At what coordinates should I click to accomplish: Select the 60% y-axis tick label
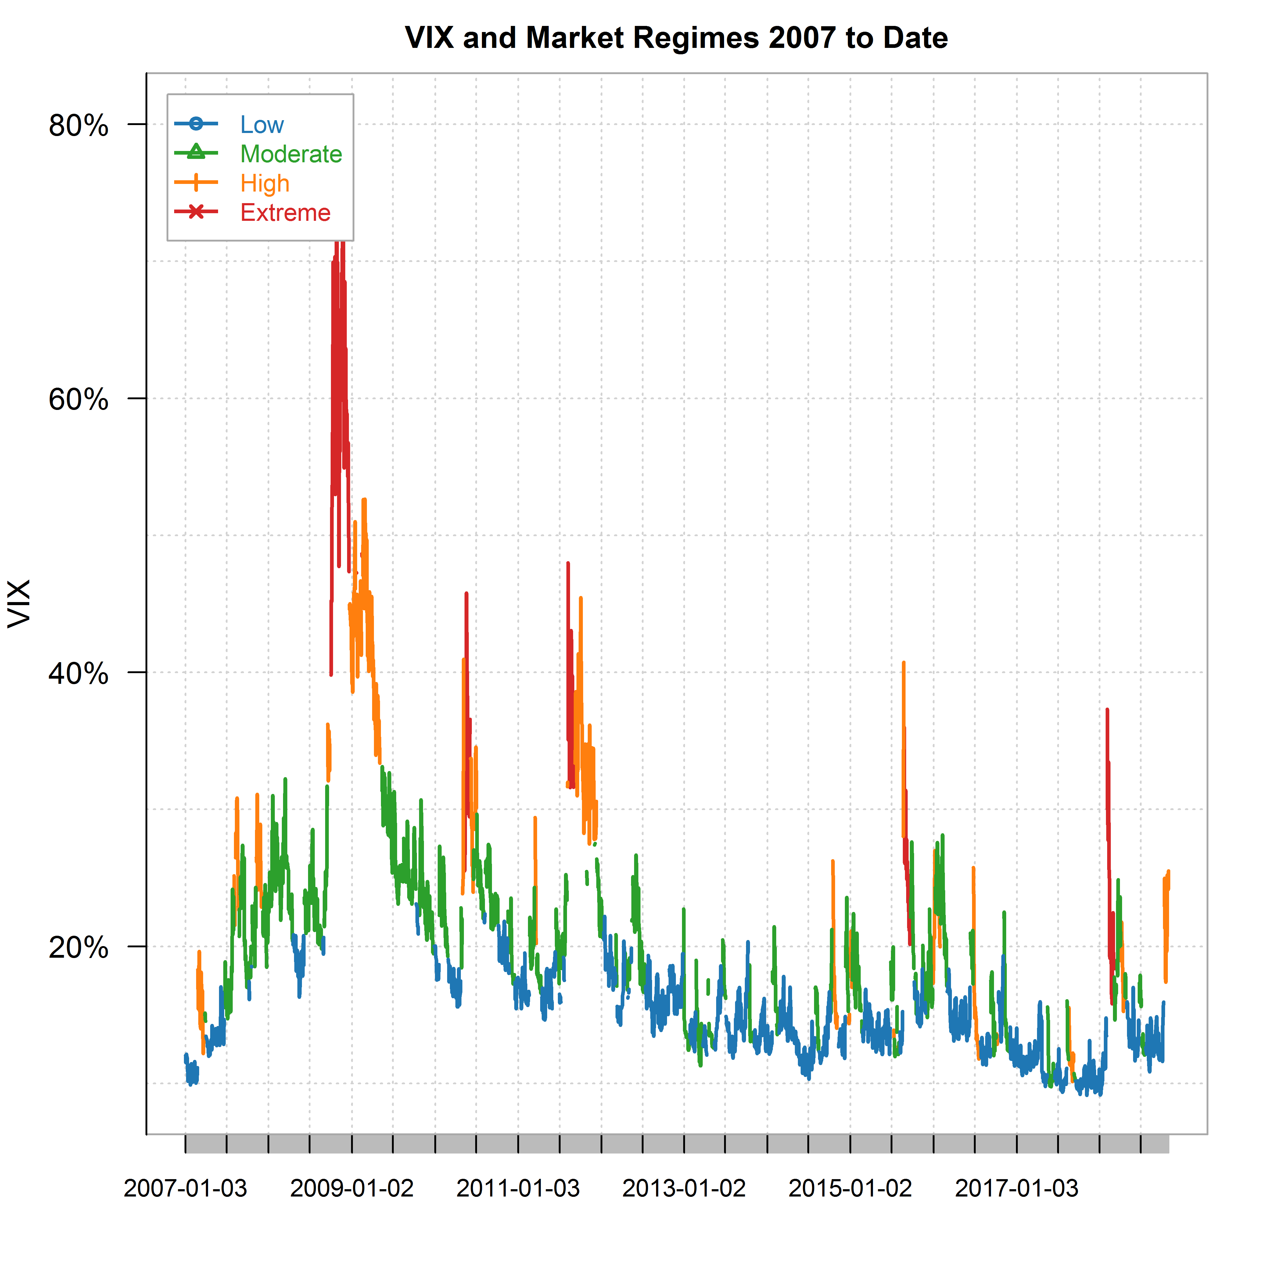[78, 400]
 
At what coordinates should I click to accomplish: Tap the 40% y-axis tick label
[78, 674]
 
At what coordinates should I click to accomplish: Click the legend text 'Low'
[262, 125]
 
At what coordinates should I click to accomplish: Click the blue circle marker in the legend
[196, 123]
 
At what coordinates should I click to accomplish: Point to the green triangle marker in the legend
[196, 152]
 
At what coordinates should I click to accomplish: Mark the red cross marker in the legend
[196, 211]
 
